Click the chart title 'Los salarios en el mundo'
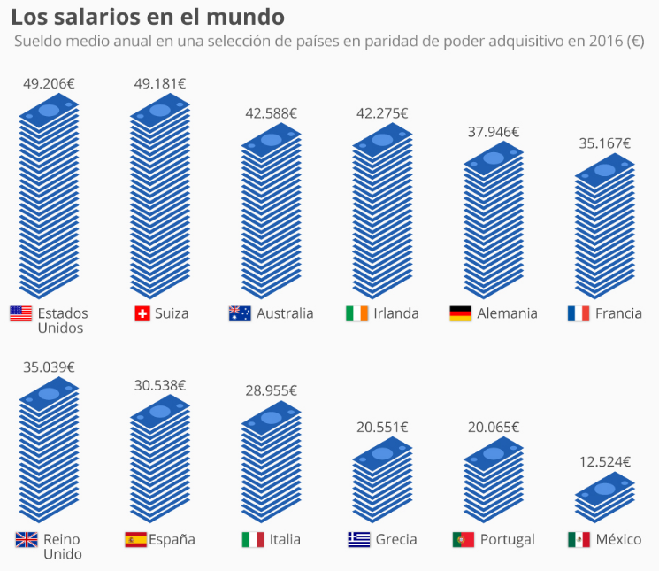coord(148,17)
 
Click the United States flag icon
coord(20,313)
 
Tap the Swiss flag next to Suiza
coord(142,313)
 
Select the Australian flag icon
coord(240,313)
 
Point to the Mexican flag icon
coord(579,539)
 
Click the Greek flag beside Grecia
coord(359,539)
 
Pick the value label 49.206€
coord(49,83)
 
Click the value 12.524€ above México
coord(604,461)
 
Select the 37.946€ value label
coord(493,132)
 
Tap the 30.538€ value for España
coord(160,385)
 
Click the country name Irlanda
coord(395,313)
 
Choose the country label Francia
coord(618,313)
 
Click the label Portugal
coord(508,539)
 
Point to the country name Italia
coord(286,539)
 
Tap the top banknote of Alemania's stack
coord(493,157)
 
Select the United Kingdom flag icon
coord(27,539)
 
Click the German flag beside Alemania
coord(460,313)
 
